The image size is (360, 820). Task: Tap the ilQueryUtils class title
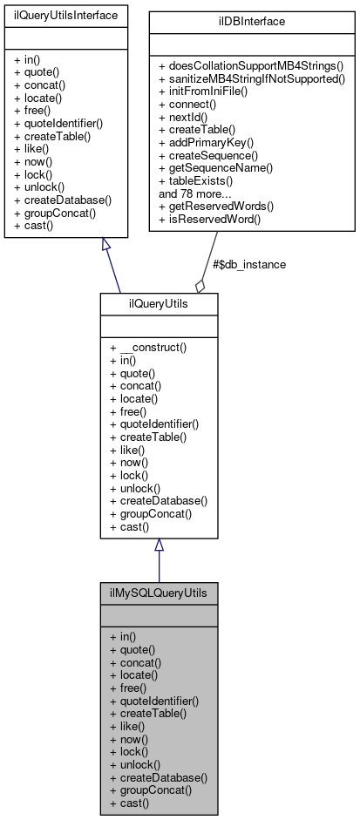[x=158, y=303]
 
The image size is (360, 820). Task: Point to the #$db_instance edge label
[x=249, y=264]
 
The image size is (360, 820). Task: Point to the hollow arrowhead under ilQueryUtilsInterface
[x=106, y=246]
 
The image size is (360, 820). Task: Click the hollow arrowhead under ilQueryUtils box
[x=159, y=546]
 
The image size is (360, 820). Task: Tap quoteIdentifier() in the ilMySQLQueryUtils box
[x=154, y=700]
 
